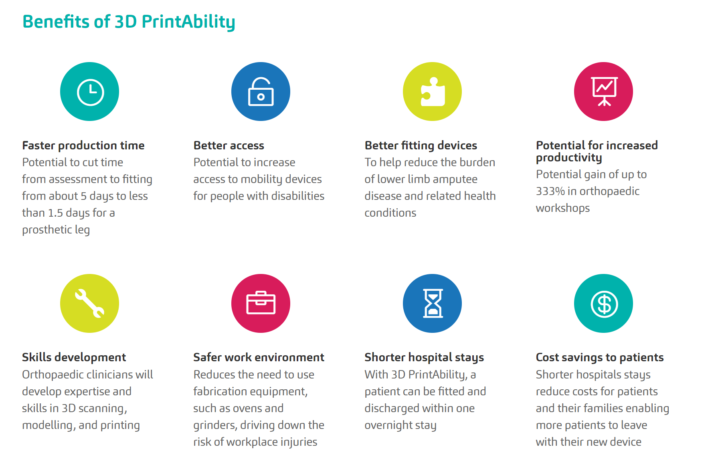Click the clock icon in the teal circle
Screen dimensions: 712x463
coord(90,92)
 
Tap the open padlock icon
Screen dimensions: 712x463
coord(261,92)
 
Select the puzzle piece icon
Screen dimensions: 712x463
coord(433,92)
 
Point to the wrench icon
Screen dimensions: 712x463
coord(90,303)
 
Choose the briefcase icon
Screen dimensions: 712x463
coord(261,303)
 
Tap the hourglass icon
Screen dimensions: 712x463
coord(433,303)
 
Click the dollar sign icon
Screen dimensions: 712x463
coord(604,304)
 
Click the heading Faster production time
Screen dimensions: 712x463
coord(83,145)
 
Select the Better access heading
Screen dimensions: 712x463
coord(229,145)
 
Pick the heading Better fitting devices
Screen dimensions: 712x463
coord(421,145)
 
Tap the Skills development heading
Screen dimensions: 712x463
coord(74,357)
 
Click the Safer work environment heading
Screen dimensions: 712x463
coord(259,357)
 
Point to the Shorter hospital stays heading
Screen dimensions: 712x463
coord(424,357)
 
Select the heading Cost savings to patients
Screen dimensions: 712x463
coord(600,357)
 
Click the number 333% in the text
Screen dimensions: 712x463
coord(550,191)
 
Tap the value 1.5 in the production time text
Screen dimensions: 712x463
coord(55,213)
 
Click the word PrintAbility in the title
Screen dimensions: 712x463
coord(188,22)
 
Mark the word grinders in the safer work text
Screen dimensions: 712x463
coord(215,425)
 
